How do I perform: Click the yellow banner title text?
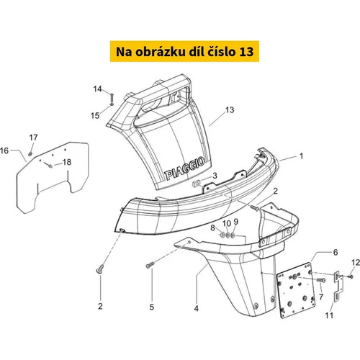click(184, 52)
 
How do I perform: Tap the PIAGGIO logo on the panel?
click(185, 168)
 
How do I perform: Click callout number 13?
click(230, 110)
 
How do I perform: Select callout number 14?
click(97, 89)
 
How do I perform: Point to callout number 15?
click(95, 116)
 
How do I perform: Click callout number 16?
click(4, 150)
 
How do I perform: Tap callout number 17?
click(34, 138)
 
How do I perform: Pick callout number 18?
click(67, 162)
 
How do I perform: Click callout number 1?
click(302, 156)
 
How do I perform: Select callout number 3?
click(215, 176)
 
